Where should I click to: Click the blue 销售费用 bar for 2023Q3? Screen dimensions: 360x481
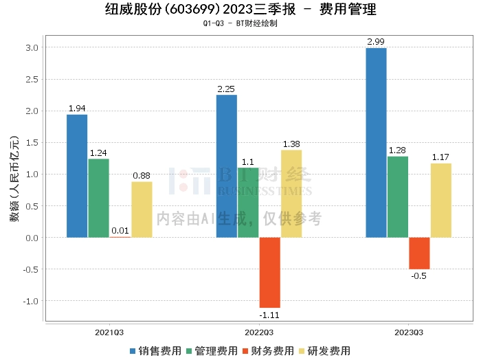[x=376, y=143]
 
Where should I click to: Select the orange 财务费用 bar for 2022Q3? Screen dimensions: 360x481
[x=269, y=272]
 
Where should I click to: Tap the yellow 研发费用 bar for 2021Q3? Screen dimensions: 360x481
[x=142, y=210]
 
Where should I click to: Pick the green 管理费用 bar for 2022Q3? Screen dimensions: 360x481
[x=248, y=203]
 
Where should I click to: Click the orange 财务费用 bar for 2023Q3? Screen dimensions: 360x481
[x=419, y=253]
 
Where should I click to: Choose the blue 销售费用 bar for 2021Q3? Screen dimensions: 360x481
[x=77, y=176]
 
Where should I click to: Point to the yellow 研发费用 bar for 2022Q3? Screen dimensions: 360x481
[x=291, y=194]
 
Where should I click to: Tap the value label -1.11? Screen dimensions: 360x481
[x=269, y=315]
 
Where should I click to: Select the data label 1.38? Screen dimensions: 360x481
[x=291, y=144]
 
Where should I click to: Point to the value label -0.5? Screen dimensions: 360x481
[x=419, y=276]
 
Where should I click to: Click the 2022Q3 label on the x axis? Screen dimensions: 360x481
[x=259, y=332]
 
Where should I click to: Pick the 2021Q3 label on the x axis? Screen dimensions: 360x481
[x=109, y=332]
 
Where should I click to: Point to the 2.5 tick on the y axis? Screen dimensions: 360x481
[x=32, y=80]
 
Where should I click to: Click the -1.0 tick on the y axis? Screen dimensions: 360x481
[x=30, y=301]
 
